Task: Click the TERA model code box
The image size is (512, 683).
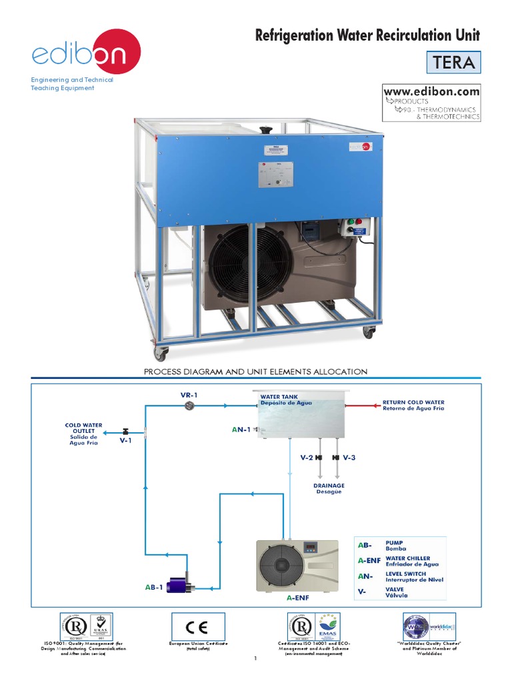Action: pos(453,63)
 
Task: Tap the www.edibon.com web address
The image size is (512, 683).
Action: pos(431,91)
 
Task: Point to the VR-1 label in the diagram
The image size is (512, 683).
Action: pos(189,395)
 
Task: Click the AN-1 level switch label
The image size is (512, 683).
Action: pos(241,430)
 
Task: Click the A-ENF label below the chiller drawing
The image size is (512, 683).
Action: pos(297,598)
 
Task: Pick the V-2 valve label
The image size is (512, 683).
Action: pos(306,458)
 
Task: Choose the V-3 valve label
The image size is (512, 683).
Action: pos(349,458)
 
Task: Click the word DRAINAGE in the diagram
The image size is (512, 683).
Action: pos(328,486)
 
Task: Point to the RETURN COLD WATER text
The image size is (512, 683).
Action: pos(413,403)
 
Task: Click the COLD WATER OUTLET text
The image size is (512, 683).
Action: pos(84,428)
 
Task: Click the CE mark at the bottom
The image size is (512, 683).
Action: pos(199,627)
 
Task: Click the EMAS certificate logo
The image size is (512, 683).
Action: pos(327,627)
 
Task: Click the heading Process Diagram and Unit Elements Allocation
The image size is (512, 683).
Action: pos(256,372)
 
